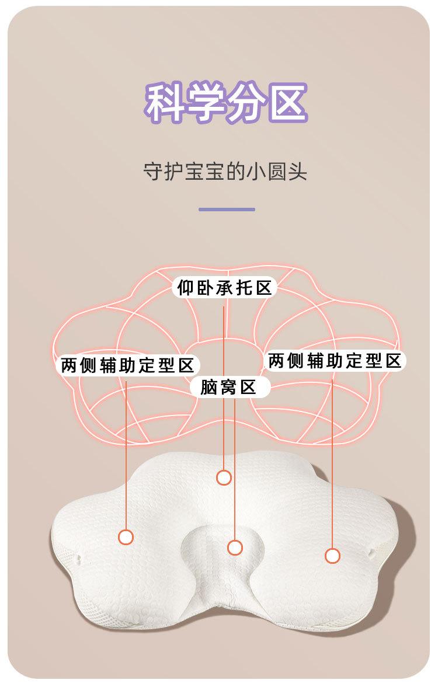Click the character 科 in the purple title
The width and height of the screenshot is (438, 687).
[x=166, y=103]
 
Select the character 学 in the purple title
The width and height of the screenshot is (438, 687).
[x=206, y=103]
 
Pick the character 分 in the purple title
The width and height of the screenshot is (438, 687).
[x=246, y=103]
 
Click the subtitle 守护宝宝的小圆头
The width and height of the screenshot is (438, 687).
[x=225, y=173]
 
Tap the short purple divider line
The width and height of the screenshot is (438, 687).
[x=227, y=209]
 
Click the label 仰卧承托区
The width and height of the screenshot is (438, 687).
[x=225, y=288]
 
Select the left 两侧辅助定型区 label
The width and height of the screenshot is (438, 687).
[x=127, y=366]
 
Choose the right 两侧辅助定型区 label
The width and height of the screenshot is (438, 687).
[x=335, y=361]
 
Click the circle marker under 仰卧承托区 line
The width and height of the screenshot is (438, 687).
[x=224, y=477]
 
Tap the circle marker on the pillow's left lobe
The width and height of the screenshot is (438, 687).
[x=126, y=536]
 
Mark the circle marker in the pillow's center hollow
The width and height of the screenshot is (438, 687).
[x=235, y=547]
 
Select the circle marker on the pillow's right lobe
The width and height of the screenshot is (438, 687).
[x=332, y=556]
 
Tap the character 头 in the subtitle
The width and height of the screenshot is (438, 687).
[x=298, y=173]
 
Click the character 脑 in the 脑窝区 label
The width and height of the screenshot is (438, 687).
[x=209, y=386]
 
